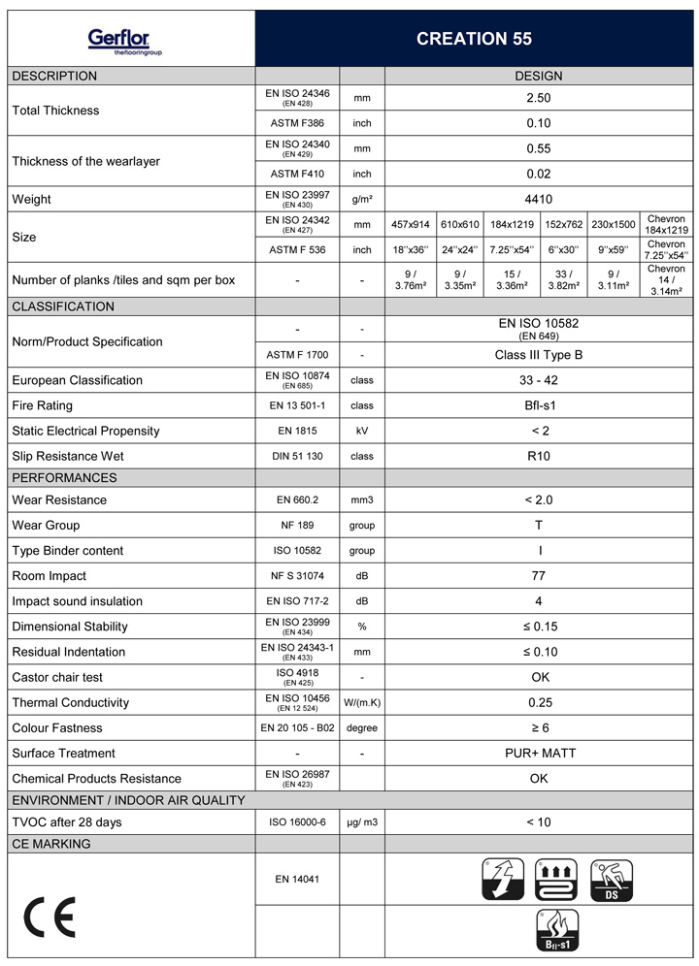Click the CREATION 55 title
(474, 39)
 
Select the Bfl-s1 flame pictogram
(556, 930)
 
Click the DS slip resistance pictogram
(612, 879)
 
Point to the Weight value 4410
(538, 199)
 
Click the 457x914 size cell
(410, 224)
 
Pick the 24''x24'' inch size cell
(461, 249)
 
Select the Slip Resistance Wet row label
(68, 456)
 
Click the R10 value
(538, 456)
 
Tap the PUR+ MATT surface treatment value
(538, 753)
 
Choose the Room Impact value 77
(538, 576)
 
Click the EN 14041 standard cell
(297, 879)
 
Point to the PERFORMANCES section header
(64, 477)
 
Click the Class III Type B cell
(538, 355)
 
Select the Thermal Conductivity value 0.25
(538, 702)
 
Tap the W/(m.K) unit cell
(362, 702)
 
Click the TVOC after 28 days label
(67, 822)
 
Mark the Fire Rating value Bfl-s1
(538, 405)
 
